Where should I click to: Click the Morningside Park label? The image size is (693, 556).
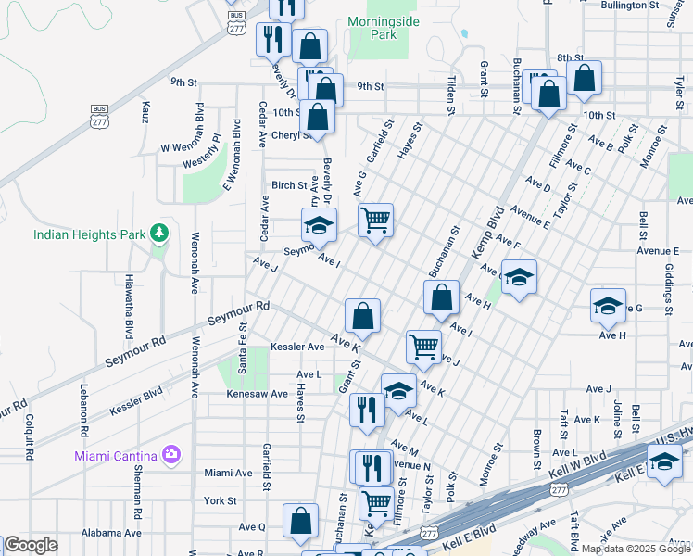point(372,28)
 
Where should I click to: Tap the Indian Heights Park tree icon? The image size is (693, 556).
point(159,233)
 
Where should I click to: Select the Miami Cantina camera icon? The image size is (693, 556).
point(170,454)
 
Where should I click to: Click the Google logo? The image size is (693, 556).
point(31,545)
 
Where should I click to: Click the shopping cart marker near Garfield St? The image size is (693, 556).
point(375,221)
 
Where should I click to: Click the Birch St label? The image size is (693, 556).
point(288,185)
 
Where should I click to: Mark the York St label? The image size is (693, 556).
point(220,500)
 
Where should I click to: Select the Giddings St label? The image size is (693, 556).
point(669,290)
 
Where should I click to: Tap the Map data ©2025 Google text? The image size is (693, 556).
point(636,549)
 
